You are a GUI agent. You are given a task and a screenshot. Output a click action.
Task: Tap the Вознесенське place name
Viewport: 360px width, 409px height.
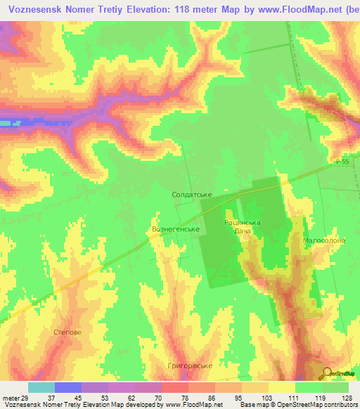pos(177,229)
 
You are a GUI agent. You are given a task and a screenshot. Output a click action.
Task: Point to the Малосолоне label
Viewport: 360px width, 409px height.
pos(323,240)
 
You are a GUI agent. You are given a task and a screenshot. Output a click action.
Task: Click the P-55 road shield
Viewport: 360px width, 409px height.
pos(341,162)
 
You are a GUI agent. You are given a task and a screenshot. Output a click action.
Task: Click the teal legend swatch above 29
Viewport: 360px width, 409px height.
pos(41,387)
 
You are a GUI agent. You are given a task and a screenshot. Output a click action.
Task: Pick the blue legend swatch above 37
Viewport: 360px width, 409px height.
pos(68,387)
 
